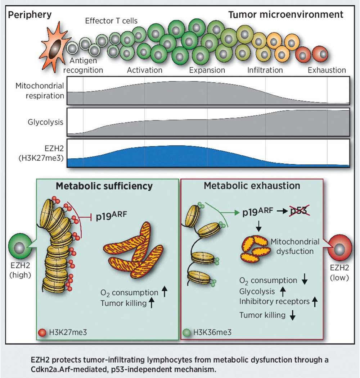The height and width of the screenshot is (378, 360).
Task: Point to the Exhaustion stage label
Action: point(327,70)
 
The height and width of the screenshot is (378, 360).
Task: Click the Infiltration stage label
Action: point(265,70)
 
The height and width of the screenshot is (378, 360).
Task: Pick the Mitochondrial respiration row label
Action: point(40,91)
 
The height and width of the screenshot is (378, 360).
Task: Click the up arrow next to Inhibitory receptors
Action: point(316,302)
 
